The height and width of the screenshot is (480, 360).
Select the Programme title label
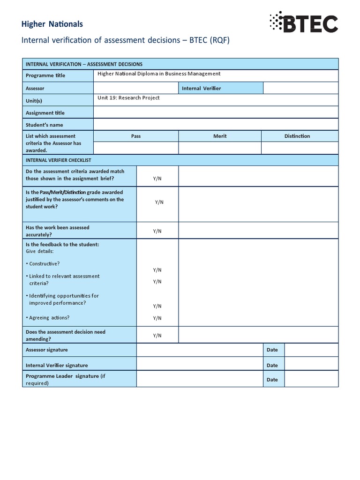coord(45,75)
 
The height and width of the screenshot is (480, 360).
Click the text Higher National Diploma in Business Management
coord(159,74)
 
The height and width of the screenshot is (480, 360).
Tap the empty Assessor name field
coord(135,88)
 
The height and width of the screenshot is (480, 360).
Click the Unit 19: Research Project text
coord(128,98)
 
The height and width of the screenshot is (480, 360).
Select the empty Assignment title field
coord(216,112)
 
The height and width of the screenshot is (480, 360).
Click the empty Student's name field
coord(216,125)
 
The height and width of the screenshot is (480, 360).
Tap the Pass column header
coord(136,136)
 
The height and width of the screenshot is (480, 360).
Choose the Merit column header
coord(220,136)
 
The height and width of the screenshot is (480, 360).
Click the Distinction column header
coord(297,136)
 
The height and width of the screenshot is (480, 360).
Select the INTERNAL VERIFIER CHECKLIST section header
coord(59,160)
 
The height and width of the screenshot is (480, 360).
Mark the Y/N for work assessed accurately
coord(157,231)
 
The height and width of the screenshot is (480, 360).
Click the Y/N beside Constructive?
coord(157,270)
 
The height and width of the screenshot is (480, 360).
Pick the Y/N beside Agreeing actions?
coord(157,318)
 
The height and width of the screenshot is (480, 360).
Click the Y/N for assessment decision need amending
coord(157,336)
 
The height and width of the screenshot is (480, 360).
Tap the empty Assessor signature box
coord(199,350)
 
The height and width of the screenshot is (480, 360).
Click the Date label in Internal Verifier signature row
coord(272,365)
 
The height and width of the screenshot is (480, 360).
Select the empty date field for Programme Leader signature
coord(311,380)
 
